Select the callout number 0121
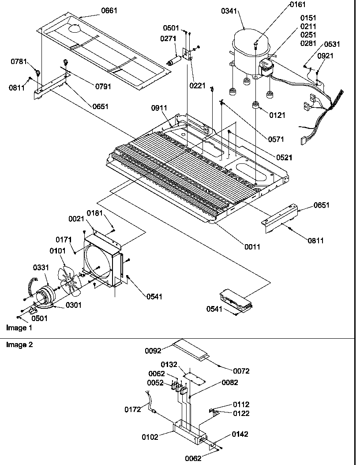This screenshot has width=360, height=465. pos(277,115)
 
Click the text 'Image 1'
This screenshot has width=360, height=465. pos(19,328)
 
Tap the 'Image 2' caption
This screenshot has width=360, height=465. pos(19,345)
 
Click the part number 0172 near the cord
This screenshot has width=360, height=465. pos(132,409)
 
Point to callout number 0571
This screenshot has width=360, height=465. pos(276,139)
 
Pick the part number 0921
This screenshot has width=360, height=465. pos(325,56)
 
